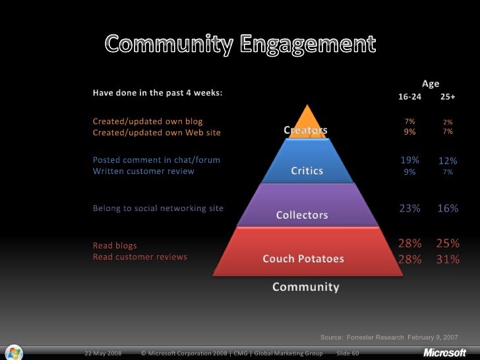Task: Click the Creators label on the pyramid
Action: (305, 131)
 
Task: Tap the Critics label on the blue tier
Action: (307, 171)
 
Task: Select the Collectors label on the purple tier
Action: (302, 215)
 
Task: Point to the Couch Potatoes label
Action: (303, 259)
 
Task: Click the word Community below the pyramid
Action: (306, 287)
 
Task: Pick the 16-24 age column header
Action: (409, 97)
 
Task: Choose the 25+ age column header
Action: (448, 97)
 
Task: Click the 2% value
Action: (448, 122)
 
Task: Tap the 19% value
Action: (409, 160)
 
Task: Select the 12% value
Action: (448, 161)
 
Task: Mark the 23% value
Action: (409, 208)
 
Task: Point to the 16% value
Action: (448, 208)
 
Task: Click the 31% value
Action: (448, 259)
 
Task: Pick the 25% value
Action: (448, 243)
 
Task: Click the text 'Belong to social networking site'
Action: (158, 208)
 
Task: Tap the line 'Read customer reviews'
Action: (140, 256)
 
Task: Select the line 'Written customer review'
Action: (143, 171)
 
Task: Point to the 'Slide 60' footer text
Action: (347, 353)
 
